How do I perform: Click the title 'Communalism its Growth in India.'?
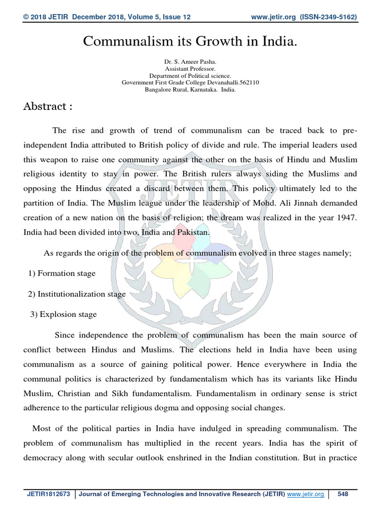tap(190, 42)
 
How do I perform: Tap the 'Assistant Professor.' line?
tap(190, 69)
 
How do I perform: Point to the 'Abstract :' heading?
tap(48, 106)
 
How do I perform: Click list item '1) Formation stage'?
tap(62, 273)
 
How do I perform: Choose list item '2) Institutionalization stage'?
tap(77, 294)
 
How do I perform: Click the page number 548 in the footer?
tap(343, 494)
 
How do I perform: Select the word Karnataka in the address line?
tap(199, 90)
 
